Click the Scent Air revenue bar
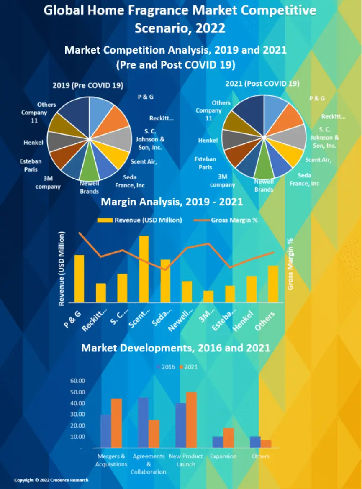pyautogui.click(x=144, y=269)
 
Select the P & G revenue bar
pyautogui.click(x=79, y=278)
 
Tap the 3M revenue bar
pyautogui.click(x=208, y=296)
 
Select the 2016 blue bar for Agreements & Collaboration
pyautogui.click(x=143, y=422)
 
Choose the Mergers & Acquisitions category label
pyautogui.click(x=111, y=460)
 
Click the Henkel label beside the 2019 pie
pyautogui.click(x=33, y=143)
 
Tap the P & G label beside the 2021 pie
pyautogui.click(x=317, y=98)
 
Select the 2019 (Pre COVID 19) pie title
pyautogui.click(x=88, y=85)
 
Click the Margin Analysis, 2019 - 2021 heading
pyautogui.click(x=172, y=202)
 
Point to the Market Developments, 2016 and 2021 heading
pyautogui.click(x=175, y=348)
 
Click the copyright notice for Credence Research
pyautogui.click(x=51, y=480)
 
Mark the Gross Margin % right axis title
pyautogui.click(x=290, y=264)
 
